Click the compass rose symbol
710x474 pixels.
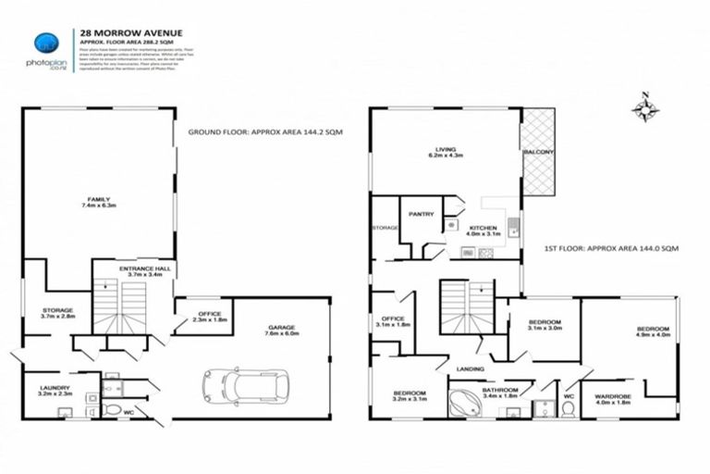pos(644,109)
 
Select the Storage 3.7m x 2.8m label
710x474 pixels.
pos(57,314)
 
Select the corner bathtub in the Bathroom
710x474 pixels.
pos(459,403)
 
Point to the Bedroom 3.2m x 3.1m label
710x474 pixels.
pos(408,396)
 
